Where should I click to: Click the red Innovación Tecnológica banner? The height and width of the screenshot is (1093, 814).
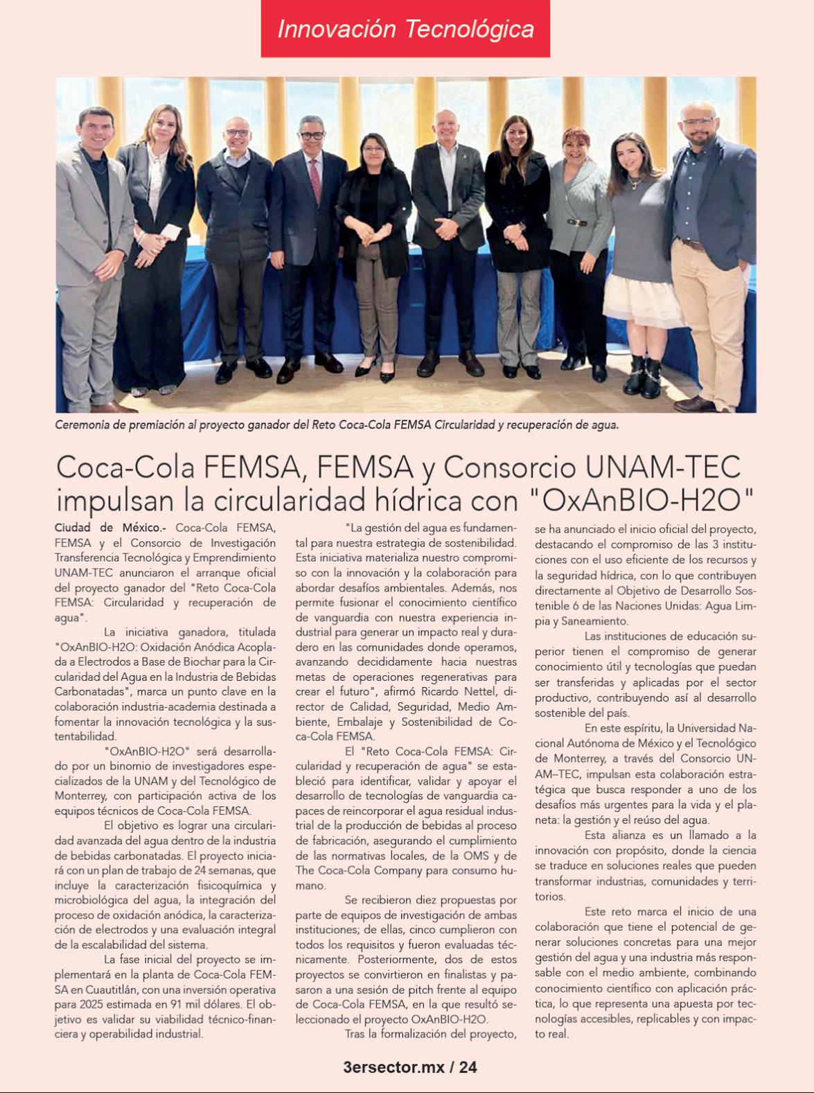405,29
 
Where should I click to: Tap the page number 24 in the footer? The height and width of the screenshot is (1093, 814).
468,1067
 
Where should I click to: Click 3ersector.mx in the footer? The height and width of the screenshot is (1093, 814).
393,1067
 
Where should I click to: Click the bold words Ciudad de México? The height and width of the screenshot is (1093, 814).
108,528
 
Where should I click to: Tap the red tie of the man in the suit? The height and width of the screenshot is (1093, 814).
315,180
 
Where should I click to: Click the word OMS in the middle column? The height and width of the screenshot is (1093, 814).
475,855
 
